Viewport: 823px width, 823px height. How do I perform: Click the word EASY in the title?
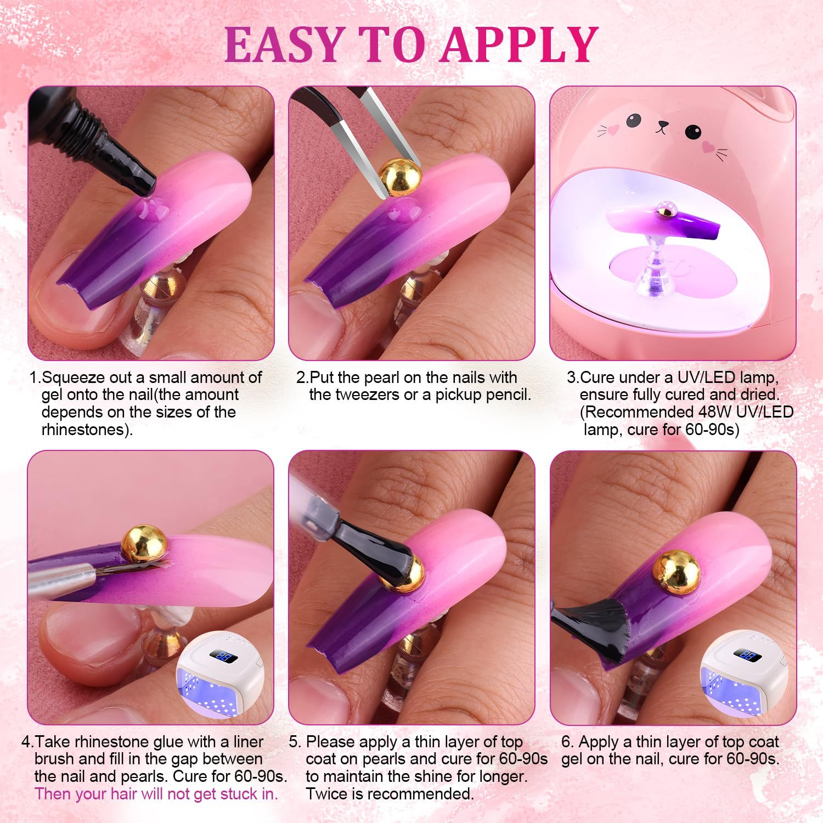[x=283, y=43]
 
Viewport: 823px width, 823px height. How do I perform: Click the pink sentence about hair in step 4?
[x=156, y=794]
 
